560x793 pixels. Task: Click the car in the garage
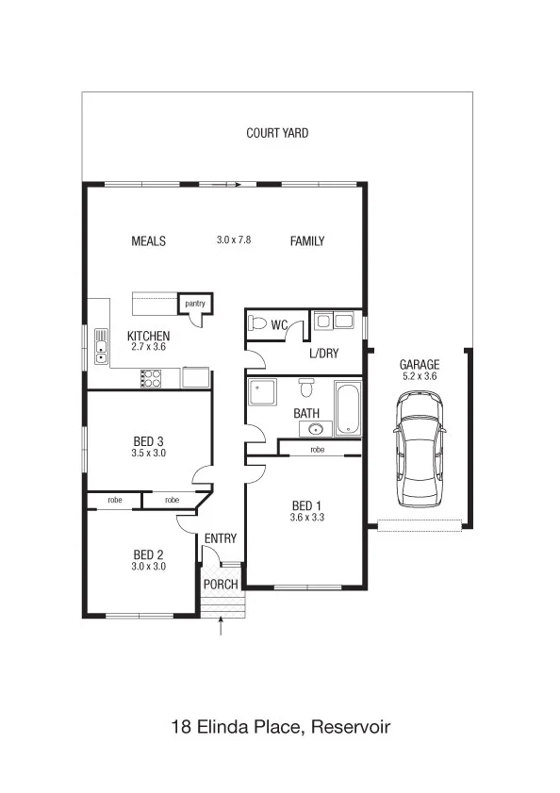point(420,449)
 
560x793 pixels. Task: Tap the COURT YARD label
point(277,133)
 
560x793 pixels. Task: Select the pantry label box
point(195,304)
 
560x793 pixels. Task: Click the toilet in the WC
point(257,322)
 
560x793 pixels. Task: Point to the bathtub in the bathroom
point(348,409)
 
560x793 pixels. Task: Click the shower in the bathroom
point(262,392)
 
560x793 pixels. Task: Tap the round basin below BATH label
point(316,429)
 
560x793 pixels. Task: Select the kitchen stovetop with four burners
point(151,379)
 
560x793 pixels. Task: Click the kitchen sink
point(101,346)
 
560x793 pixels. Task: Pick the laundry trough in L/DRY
point(334,321)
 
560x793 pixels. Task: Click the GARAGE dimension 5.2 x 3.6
point(420,376)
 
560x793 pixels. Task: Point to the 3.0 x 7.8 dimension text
point(234,240)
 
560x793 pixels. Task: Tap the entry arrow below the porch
point(221,625)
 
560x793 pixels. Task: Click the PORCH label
point(221,585)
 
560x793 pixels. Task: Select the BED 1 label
point(306,505)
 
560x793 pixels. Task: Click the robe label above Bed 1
point(317,450)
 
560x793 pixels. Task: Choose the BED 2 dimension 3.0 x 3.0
point(149,567)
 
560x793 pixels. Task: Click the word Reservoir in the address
point(351,727)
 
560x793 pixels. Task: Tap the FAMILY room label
point(307,241)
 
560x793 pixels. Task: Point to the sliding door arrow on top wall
point(226,185)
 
